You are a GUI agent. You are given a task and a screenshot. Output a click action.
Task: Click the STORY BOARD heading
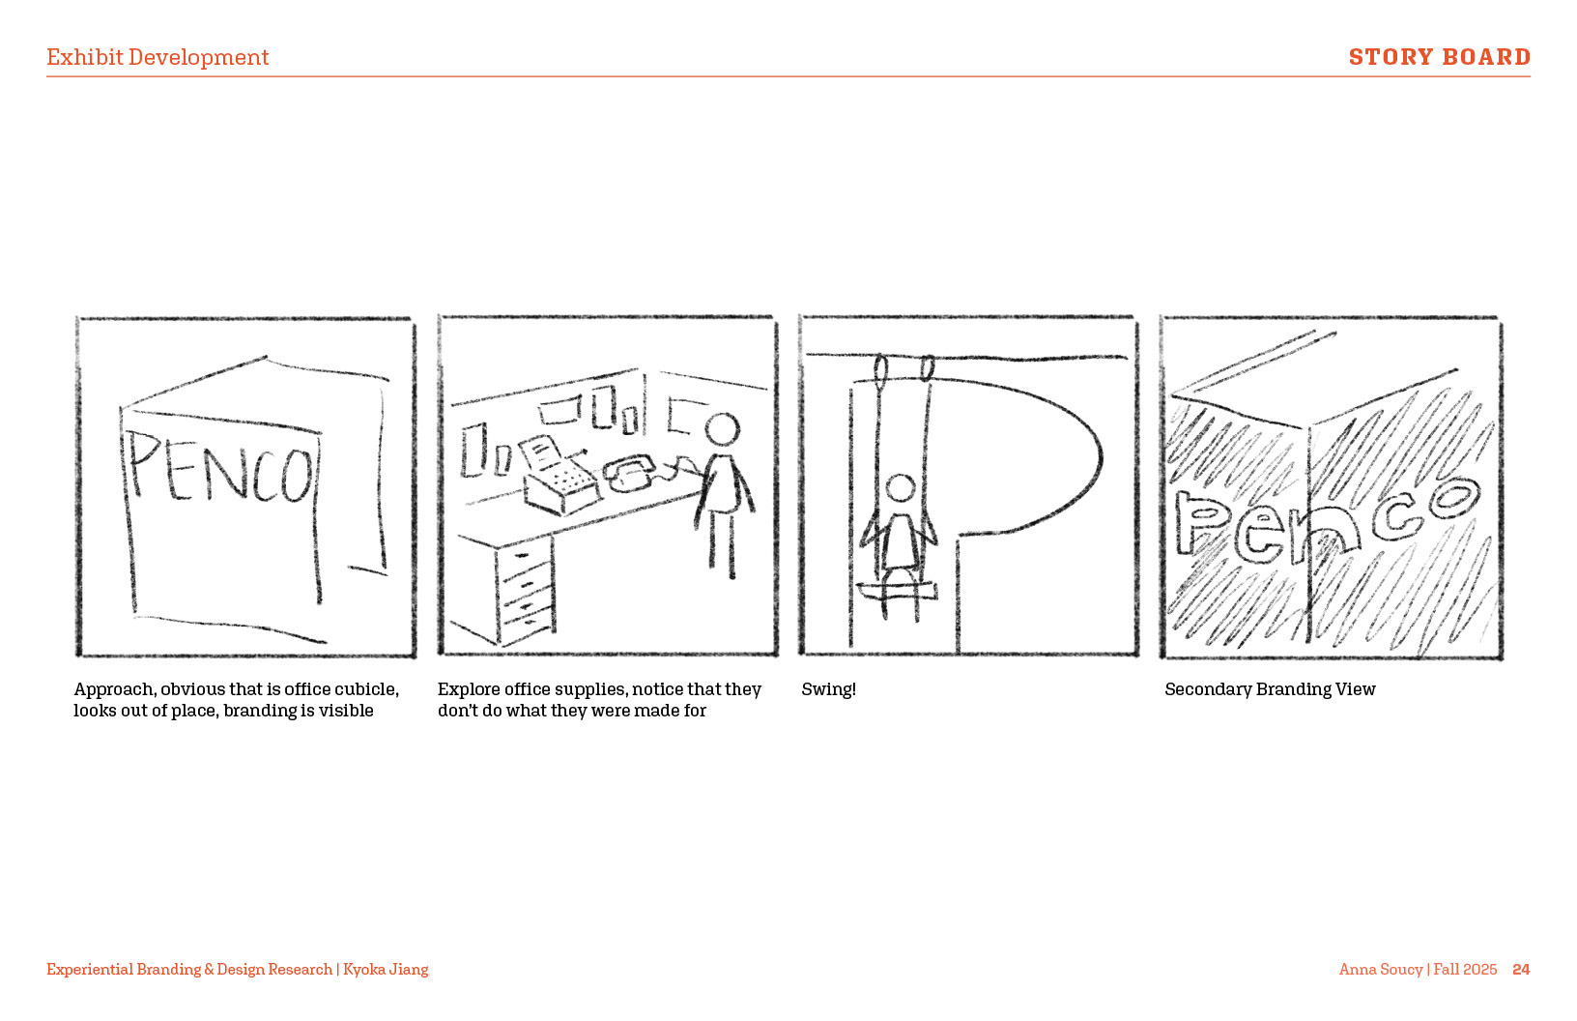pos(1440,56)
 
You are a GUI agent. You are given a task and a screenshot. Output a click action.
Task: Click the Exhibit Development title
pos(158,57)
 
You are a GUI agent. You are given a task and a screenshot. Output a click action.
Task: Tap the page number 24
pos(1521,969)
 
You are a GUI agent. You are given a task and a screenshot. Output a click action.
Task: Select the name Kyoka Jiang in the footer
pos(386,970)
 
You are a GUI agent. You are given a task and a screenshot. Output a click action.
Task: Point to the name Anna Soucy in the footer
pos(1381,970)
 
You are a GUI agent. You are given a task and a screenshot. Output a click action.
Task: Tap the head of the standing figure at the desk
pos(723,429)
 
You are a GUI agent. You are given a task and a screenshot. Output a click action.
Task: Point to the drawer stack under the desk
pos(526,591)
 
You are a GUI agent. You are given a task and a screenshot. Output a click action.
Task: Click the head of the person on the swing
pos(901,487)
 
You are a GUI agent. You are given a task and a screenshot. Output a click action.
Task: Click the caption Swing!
pos(829,689)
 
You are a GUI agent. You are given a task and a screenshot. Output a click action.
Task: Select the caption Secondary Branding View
pos(1270,689)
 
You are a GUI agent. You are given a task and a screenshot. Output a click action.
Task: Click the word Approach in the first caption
pos(114,689)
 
